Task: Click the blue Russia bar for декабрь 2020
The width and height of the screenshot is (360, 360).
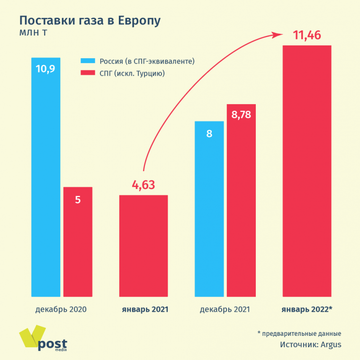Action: tap(46, 180)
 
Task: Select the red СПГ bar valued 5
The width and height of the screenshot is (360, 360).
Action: tap(78, 242)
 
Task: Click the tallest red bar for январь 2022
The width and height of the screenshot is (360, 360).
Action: tap(306, 171)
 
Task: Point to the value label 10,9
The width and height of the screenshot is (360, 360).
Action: tap(45, 69)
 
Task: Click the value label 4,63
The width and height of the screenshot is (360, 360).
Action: tap(144, 185)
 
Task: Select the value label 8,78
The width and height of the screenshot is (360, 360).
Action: tap(241, 115)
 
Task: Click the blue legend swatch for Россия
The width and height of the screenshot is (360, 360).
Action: tap(89, 61)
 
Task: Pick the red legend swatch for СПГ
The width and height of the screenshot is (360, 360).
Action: tap(89, 73)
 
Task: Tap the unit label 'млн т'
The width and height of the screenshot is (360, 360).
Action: tap(33, 33)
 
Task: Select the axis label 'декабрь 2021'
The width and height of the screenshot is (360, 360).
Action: tap(225, 309)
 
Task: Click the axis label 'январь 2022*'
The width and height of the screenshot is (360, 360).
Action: tap(306, 309)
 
